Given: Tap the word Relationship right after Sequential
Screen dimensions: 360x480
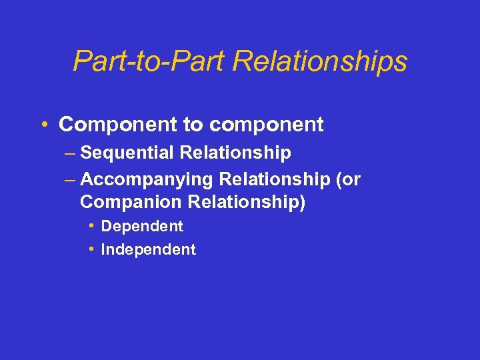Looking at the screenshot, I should [235, 153].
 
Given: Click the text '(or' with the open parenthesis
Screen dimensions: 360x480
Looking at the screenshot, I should [348, 179].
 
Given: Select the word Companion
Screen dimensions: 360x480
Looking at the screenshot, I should [122, 201].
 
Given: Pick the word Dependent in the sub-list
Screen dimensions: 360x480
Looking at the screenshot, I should [141, 227].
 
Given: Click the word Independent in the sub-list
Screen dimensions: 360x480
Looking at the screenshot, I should [148, 250].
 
